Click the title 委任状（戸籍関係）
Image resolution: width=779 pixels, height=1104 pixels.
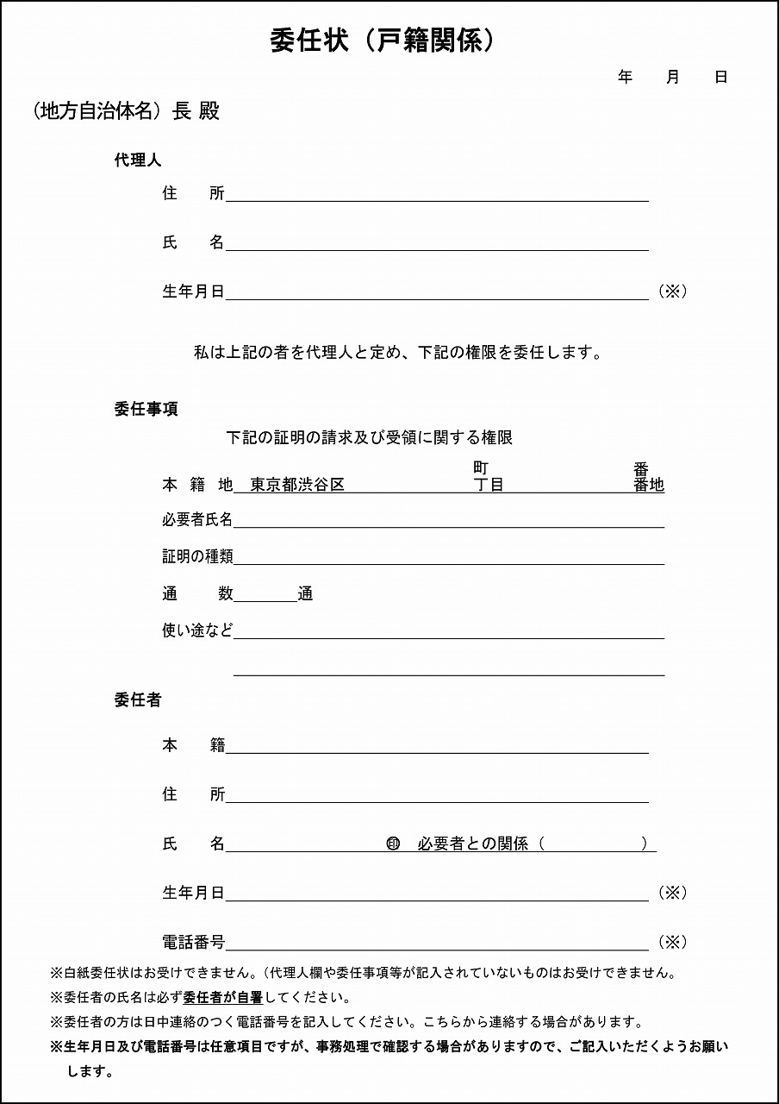[x=383, y=41]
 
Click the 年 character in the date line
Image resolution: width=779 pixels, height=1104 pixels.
[x=625, y=78]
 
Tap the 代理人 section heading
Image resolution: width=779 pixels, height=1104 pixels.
[x=137, y=160]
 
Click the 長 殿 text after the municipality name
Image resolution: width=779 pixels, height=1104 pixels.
[x=196, y=112]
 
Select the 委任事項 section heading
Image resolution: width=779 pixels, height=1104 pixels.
[x=146, y=410]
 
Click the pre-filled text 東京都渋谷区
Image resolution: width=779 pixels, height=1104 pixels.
[x=297, y=485]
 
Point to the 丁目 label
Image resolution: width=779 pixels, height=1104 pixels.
[x=489, y=485]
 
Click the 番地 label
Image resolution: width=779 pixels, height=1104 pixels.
[x=648, y=485]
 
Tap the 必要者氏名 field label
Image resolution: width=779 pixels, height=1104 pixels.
[x=197, y=519]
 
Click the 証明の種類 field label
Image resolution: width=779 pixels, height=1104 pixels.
[x=197, y=557]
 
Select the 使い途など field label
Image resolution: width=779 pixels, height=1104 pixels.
[x=197, y=630]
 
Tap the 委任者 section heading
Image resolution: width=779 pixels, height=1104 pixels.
[x=137, y=700]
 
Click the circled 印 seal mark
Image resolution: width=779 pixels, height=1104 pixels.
[x=393, y=844]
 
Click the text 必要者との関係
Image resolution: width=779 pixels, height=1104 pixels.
[x=472, y=844]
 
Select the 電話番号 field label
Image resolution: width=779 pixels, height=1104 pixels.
[x=194, y=942]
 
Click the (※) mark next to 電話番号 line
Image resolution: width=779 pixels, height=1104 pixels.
[x=672, y=942]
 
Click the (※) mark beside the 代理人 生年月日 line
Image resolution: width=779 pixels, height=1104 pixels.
[x=672, y=292]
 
